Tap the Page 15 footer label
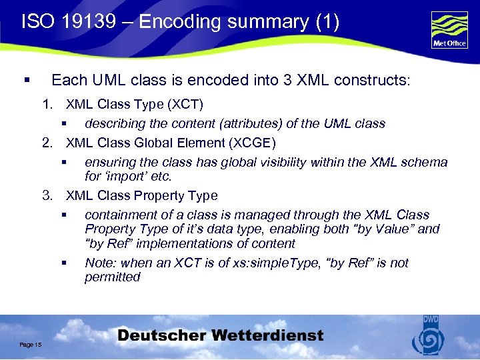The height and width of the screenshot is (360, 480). (x=31, y=344)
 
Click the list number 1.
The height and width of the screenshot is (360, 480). (x=47, y=105)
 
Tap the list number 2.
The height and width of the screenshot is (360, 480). (x=47, y=143)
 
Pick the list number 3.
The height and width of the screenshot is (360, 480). (x=47, y=195)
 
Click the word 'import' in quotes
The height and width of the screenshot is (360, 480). (x=126, y=177)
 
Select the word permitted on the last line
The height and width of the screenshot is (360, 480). (x=112, y=277)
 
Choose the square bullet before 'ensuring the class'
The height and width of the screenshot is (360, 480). (x=65, y=162)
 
